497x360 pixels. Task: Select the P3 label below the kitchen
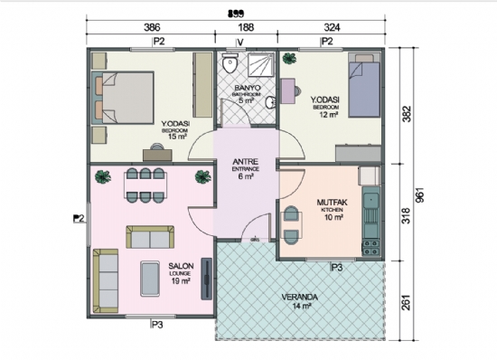pos(336,268)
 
